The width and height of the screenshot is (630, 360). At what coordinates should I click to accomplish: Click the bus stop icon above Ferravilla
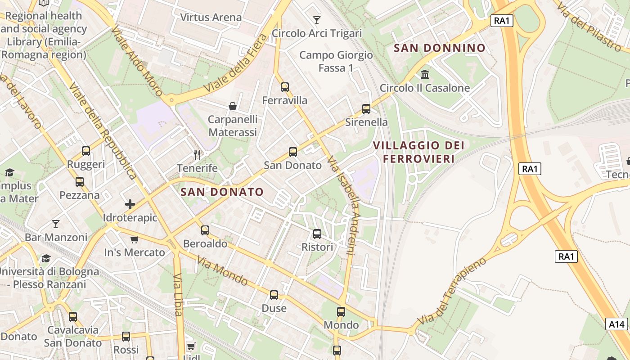point(284,87)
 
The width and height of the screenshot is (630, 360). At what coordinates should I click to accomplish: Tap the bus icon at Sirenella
point(366,109)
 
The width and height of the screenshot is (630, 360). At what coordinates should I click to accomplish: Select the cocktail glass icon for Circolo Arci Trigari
point(317,20)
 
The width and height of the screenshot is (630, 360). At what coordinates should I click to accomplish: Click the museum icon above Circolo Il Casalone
point(425,74)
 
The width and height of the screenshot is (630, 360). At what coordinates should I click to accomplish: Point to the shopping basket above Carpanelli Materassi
point(233,106)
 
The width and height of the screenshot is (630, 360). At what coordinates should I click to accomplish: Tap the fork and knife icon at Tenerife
point(197,155)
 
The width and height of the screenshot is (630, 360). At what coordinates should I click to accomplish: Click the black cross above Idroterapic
point(130,204)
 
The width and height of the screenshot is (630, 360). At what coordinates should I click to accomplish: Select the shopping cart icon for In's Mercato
point(134,239)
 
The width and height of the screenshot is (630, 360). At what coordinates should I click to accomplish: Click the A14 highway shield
point(616,324)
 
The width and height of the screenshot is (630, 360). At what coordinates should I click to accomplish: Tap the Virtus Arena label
point(211,18)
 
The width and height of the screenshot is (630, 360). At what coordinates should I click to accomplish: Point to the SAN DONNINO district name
point(440,48)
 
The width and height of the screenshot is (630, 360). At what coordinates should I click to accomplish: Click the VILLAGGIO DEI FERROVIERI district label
point(418,152)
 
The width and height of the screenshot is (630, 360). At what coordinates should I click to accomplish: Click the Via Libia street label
point(178,295)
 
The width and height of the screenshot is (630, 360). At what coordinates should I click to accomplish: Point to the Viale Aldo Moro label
point(137,61)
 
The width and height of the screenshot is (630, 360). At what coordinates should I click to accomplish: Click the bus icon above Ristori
point(317,234)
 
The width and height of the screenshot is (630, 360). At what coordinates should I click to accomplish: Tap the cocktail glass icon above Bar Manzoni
point(56,224)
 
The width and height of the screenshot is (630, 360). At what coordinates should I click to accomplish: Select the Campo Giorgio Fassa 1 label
point(336,62)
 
